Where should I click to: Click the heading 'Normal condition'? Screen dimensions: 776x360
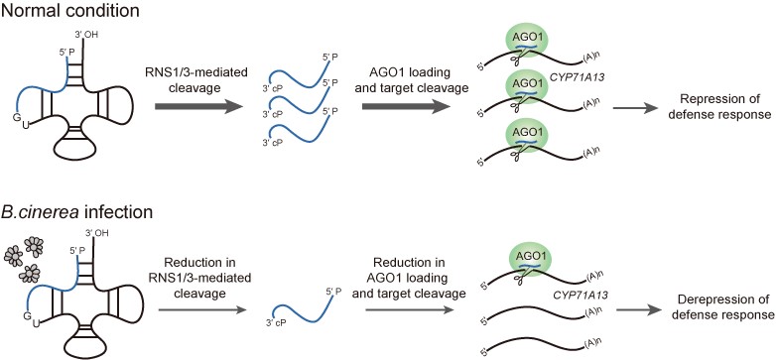click(69, 10)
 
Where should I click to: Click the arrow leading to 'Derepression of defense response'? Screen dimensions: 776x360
click(637, 309)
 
